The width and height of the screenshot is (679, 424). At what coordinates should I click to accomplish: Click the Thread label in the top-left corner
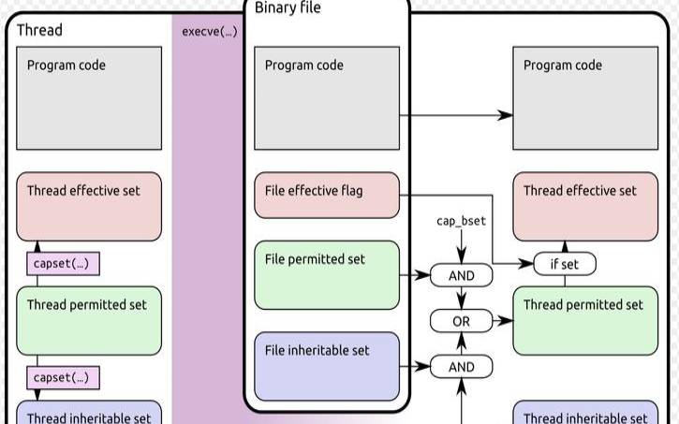tap(39, 30)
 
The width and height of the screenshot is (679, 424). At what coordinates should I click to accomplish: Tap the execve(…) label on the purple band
tap(209, 31)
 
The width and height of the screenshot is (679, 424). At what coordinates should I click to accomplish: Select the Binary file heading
tap(288, 8)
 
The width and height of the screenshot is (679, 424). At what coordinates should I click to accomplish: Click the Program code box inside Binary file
tap(327, 98)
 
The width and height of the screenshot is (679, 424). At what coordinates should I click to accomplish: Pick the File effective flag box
tap(327, 195)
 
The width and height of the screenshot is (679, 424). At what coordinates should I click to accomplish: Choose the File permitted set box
tap(327, 274)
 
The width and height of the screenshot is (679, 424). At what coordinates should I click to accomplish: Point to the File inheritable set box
tap(327, 365)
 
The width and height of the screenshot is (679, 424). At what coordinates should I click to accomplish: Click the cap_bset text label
tap(462, 222)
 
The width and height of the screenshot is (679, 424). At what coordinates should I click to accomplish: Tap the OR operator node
tap(462, 321)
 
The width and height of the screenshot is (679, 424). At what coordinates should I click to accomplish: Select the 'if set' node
tap(564, 264)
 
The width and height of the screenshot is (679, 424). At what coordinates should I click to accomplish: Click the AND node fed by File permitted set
tap(462, 276)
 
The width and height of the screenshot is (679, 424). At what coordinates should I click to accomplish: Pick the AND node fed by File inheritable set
tap(462, 367)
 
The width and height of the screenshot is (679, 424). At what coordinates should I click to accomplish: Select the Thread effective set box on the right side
tap(585, 206)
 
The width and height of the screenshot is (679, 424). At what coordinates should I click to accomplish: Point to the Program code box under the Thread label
tap(89, 98)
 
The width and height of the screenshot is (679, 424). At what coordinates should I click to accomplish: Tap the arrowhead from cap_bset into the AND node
tap(462, 258)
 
